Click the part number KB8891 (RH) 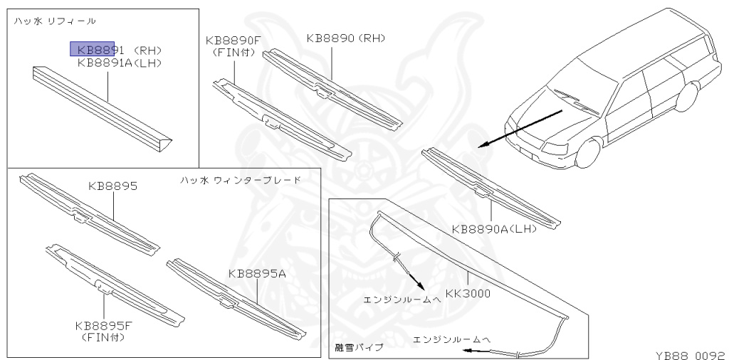pyautogui.click(x=120, y=51)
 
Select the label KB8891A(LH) pyautogui.click(x=120, y=63)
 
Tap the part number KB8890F pyautogui.click(x=233, y=41)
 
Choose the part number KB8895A pyautogui.click(x=257, y=273)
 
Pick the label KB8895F pyautogui.click(x=104, y=326)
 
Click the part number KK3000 pyautogui.click(x=468, y=292)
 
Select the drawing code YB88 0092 pyautogui.click(x=689, y=353)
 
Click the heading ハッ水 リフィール pyautogui.click(x=55, y=21)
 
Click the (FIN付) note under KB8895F pyautogui.click(x=104, y=337)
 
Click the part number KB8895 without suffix pyautogui.click(x=112, y=186)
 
